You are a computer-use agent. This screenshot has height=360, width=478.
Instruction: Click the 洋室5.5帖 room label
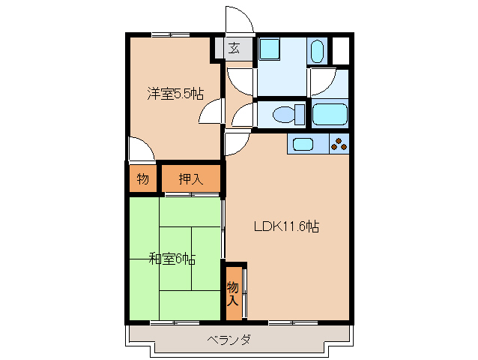click(x=174, y=94)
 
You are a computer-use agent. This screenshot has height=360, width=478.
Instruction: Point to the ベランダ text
click(x=229, y=340)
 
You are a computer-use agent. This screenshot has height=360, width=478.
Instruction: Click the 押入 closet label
click(x=190, y=179)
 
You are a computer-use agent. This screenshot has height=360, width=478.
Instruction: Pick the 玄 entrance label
click(x=234, y=49)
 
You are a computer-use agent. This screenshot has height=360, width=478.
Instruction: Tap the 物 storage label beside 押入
click(x=142, y=179)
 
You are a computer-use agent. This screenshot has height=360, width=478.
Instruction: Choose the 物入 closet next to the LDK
click(x=234, y=293)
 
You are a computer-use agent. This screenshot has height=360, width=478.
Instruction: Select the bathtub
click(x=330, y=115)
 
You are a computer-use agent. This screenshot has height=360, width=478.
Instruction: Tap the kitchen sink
click(x=304, y=144)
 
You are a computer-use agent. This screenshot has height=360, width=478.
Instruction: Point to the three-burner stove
click(x=339, y=142)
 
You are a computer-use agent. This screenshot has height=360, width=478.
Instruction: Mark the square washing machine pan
click(x=269, y=50)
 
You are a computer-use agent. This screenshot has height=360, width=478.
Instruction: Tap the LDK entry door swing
click(x=235, y=142)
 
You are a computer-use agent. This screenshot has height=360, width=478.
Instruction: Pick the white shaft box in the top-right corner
click(x=340, y=49)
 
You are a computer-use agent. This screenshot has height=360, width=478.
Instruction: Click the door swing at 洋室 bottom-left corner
click(x=141, y=148)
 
